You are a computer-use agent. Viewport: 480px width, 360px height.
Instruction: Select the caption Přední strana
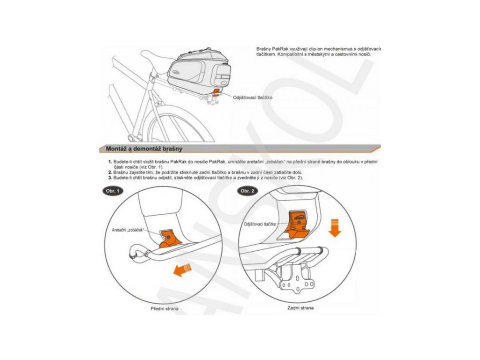click(x=165, y=309)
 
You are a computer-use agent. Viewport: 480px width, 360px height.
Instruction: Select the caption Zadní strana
click(x=301, y=307)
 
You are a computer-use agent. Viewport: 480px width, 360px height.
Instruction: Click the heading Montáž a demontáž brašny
click(x=144, y=149)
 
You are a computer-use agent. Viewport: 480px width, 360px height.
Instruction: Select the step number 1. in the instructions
click(x=109, y=161)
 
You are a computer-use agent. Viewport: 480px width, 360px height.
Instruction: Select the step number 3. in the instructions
click(x=109, y=178)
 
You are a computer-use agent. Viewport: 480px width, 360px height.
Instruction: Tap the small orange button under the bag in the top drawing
click(x=216, y=91)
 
